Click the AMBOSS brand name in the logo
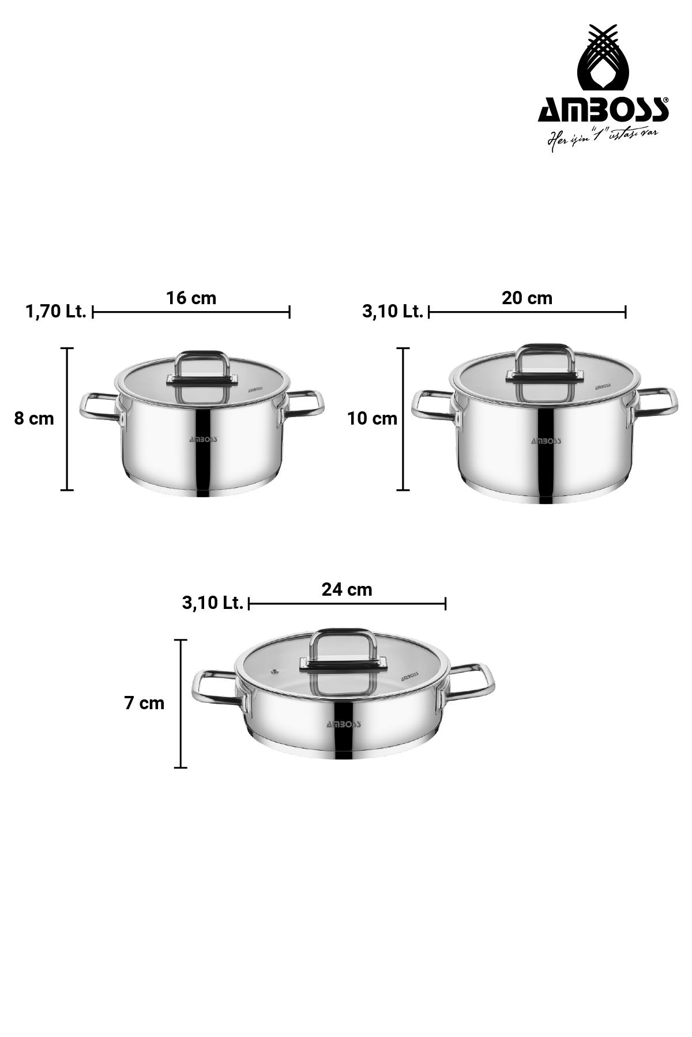click(x=603, y=109)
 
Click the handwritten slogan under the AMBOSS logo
click(x=603, y=138)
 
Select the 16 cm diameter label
click(x=191, y=298)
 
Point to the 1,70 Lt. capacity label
click(x=56, y=312)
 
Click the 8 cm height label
click(x=34, y=419)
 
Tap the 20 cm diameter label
click(x=527, y=298)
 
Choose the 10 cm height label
click(x=373, y=419)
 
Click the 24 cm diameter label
click(x=347, y=589)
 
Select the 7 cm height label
click(x=145, y=703)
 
